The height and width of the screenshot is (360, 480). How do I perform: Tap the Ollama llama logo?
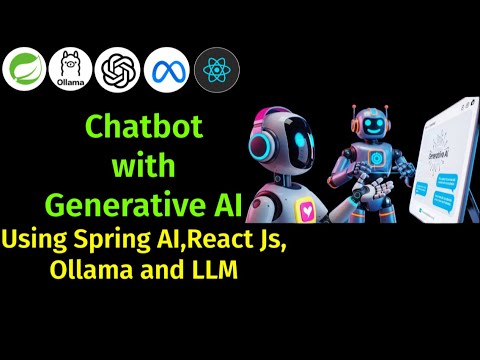(x=70, y=69)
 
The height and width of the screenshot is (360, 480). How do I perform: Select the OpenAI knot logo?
(x=120, y=69)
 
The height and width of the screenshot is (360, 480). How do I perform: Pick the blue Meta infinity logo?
(x=167, y=69)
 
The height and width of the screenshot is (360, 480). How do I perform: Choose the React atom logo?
(x=216, y=69)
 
